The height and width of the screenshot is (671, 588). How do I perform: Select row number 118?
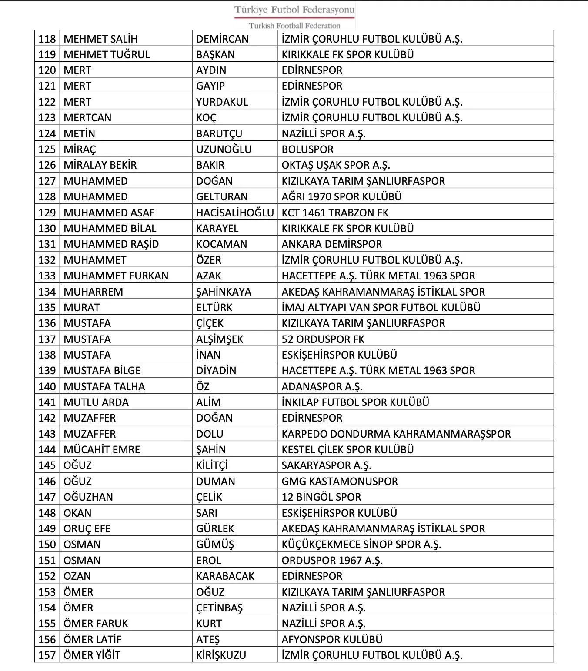(47, 39)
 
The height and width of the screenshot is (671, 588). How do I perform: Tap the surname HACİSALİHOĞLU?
(235, 213)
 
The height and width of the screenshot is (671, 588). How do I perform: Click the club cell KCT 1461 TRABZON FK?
(335, 213)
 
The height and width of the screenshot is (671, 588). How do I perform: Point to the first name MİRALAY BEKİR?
(100, 165)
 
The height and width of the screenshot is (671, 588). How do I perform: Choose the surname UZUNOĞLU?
(224, 149)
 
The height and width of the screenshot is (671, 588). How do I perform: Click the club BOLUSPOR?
(307, 149)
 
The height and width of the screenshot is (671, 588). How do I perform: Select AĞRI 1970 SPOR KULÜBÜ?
(341, 196)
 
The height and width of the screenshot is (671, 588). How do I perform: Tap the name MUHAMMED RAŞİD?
(111, 244)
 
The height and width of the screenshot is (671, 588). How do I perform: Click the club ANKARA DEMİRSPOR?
(331, 244)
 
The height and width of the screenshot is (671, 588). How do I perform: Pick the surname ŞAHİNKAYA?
(224, 292)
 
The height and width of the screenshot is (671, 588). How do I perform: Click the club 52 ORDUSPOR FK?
(323, 339)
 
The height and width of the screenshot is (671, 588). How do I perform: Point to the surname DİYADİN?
(216, 371)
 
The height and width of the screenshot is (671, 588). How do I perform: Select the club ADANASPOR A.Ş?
(322, 386)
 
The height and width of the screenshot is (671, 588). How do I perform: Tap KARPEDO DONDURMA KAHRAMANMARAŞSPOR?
(396, 434)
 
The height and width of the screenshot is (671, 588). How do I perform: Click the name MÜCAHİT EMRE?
(102, 449)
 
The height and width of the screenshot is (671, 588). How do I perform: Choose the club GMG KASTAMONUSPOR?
(340, 481)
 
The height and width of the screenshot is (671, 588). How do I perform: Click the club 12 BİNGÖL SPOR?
(321, 497)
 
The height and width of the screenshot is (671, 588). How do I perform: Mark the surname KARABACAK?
(225, 576)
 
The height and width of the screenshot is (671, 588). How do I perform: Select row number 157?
(47, 655)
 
